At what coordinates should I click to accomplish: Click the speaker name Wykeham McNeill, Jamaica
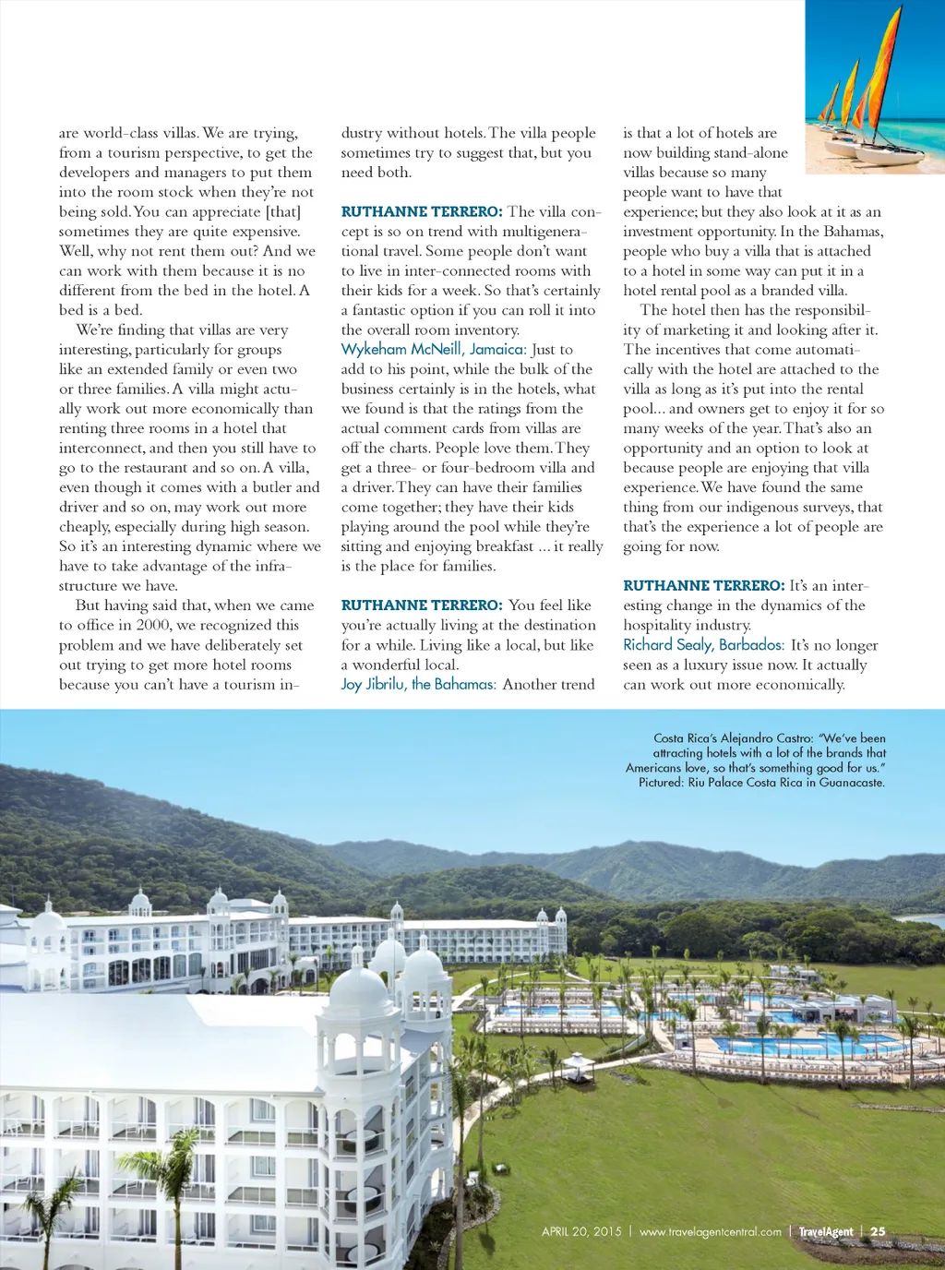[433, 350]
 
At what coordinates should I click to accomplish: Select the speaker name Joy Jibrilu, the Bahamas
[418, 684]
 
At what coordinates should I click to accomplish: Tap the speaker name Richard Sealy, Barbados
[703, 645]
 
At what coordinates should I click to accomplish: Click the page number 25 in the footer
[878, 1231]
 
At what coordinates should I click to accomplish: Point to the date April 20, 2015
[581, 1231]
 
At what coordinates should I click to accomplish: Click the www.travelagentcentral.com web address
[710, 1231]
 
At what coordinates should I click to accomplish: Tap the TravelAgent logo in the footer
[825, 1231]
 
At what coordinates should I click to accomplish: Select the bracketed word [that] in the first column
[282, 211]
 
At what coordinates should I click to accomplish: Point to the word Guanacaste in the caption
[852, 783]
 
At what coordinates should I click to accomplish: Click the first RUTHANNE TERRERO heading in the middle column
[422, 211]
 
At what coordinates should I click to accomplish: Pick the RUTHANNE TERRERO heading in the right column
[703, 586]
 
